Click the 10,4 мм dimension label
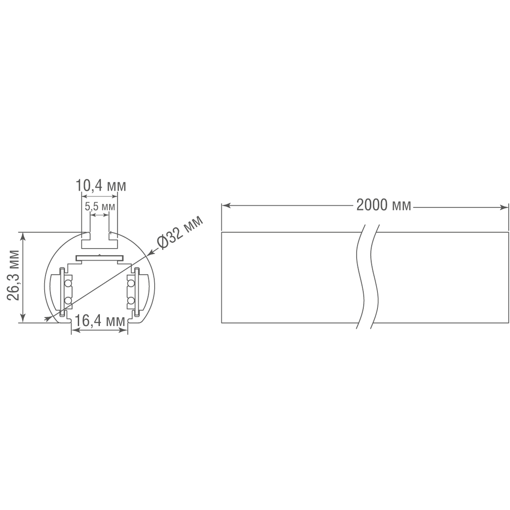(101, 186)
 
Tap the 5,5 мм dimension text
(100, 207)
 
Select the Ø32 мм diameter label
(180, 232)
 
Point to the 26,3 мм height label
(13, 275)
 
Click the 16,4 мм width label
(100, 321)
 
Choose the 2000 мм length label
(384, 205)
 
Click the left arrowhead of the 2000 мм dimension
(226, 206)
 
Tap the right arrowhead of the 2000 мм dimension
(504, 207)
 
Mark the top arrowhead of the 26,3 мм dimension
(23, 237)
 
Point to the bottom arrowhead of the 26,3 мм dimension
(23, 318)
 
